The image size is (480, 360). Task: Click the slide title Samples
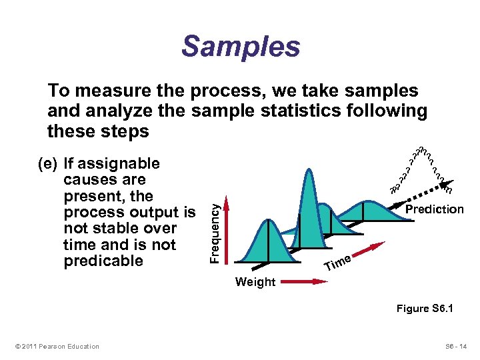click(241, 47)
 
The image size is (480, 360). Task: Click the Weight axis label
click(255, 282)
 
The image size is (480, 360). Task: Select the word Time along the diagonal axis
click(338, 264)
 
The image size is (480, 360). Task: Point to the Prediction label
click(434, 209)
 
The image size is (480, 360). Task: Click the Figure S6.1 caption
click(425, 309)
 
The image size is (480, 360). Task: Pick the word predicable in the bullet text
click(103, 261)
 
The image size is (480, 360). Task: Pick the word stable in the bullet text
click(113, 229)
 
